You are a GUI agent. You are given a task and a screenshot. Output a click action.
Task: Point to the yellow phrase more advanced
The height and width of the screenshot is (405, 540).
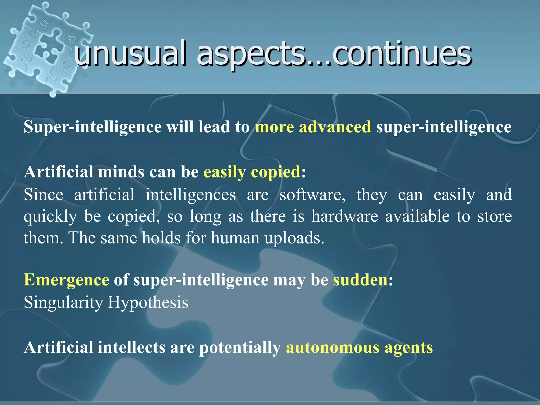[x=313, y=127]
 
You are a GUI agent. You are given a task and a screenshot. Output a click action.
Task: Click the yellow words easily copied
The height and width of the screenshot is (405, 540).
[x=252, y=172]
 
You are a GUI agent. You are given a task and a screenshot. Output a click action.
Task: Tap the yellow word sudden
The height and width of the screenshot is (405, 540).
[x=360, y=280]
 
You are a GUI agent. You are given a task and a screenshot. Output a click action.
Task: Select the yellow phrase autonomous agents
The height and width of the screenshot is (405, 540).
[x=359, y=348]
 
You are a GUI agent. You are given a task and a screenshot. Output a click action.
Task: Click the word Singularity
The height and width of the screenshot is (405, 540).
[x=63, y=302]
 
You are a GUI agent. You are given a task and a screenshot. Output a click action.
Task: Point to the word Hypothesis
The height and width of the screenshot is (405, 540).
[x=148, y=302]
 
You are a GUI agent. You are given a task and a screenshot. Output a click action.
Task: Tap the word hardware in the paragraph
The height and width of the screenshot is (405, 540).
[x=345, y=216]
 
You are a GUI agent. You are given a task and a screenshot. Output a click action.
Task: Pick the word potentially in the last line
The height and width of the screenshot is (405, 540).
[x=240, y=348]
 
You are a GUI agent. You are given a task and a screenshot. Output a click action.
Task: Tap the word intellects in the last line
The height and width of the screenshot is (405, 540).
[x=132, y=348]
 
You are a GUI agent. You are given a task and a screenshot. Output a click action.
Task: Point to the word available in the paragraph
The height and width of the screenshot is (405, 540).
[x=417, y=216]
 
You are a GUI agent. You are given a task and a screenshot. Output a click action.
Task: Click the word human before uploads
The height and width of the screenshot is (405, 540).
[x=235, y=238]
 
